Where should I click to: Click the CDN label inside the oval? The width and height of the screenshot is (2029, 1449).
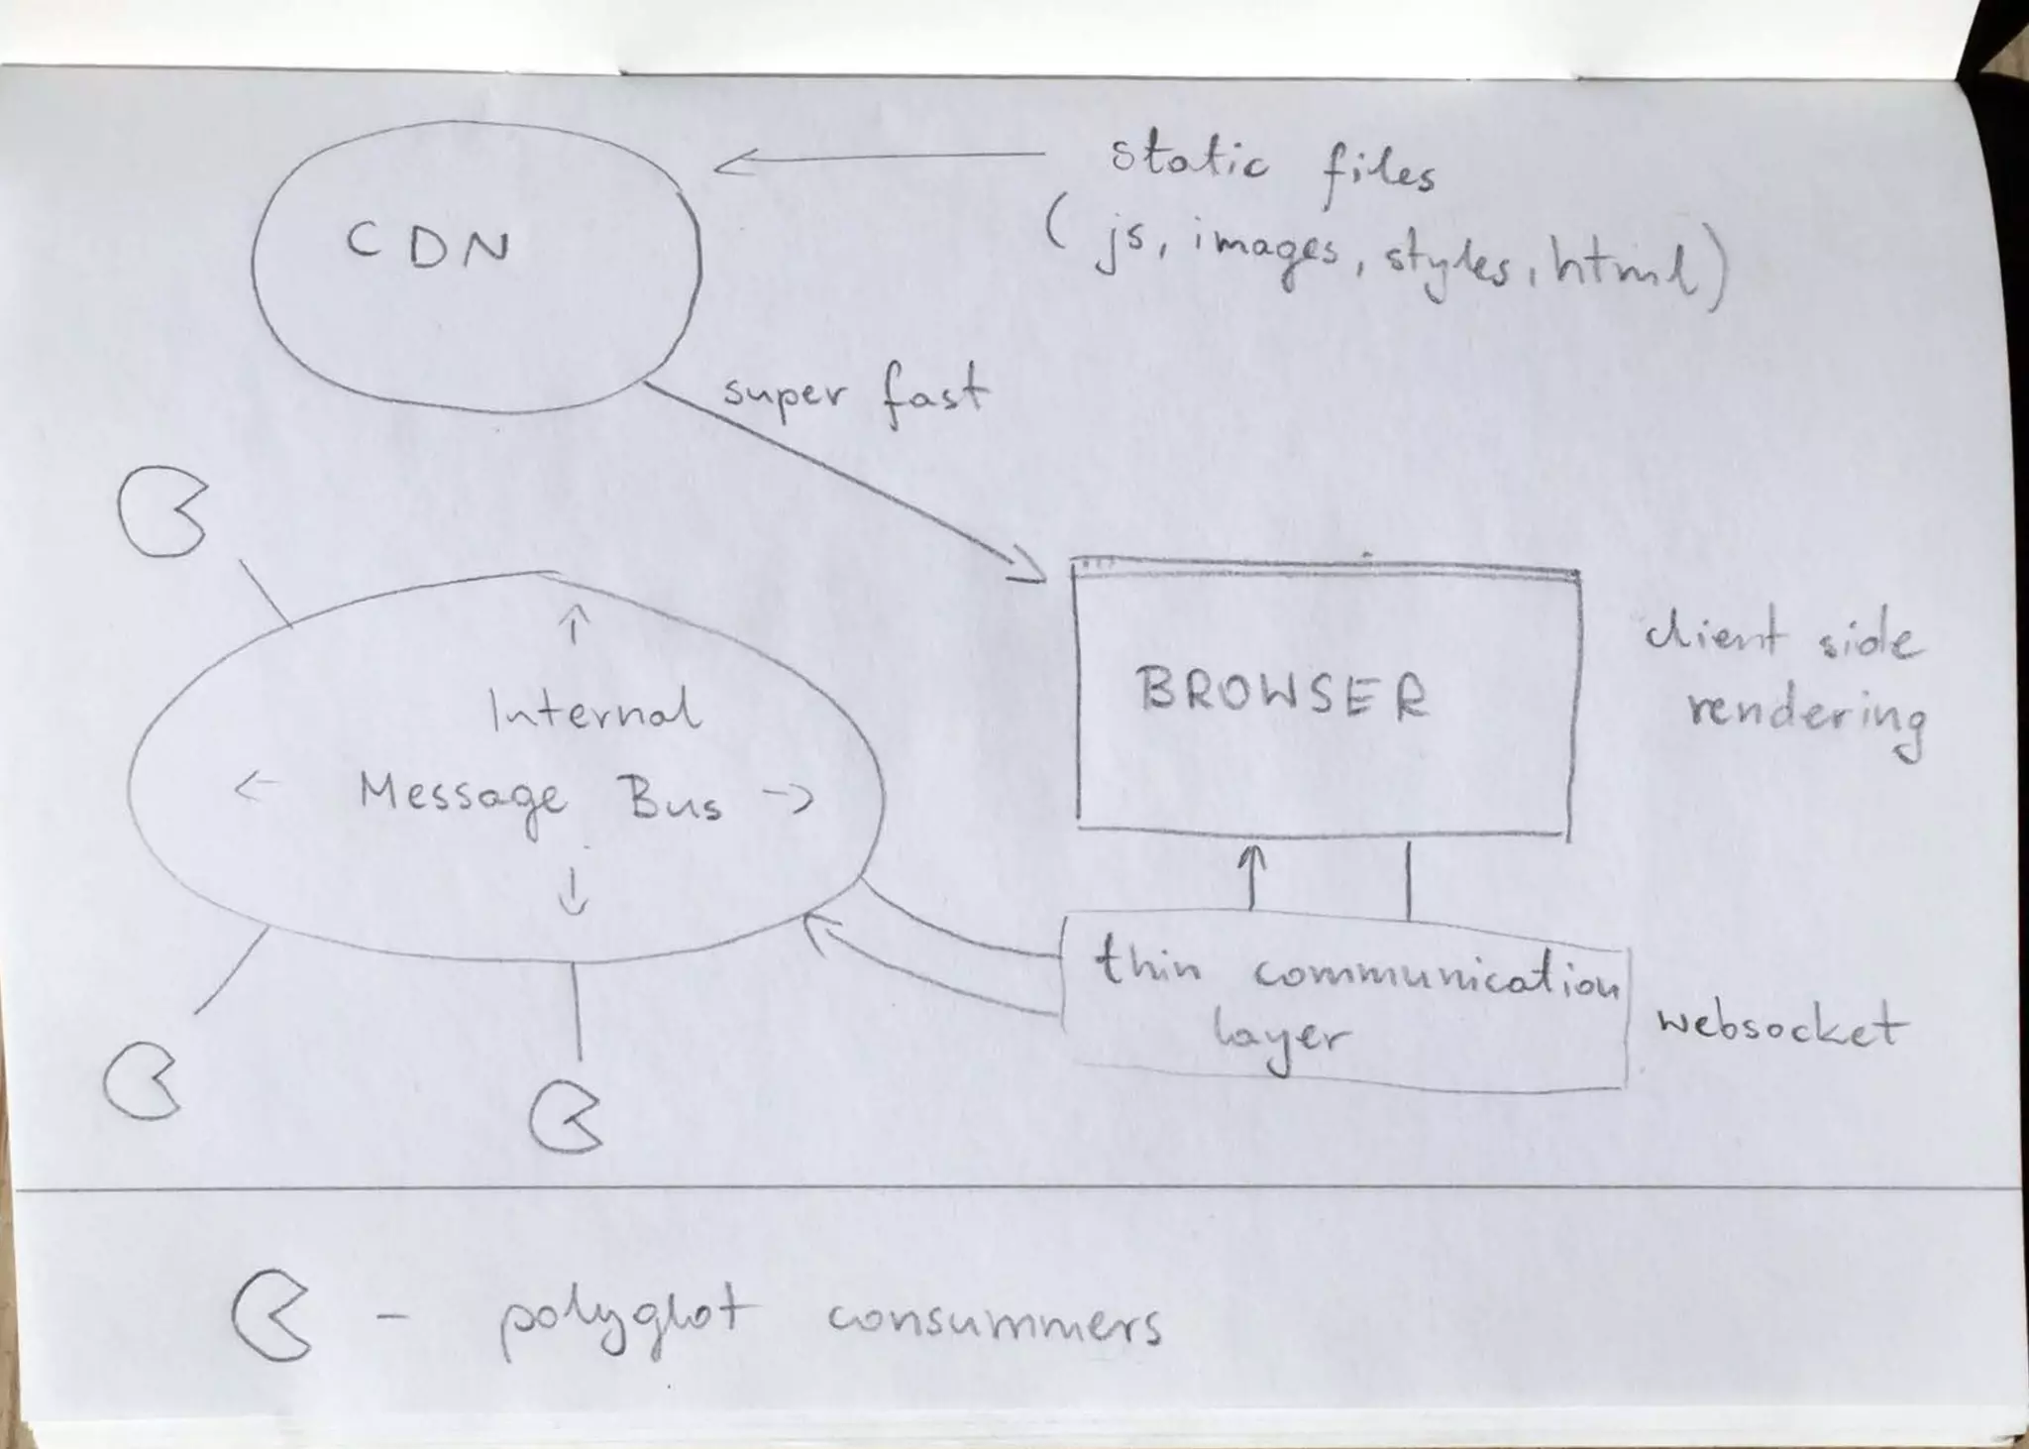coord(428,245)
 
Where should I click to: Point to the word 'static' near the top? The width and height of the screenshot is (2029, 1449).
coord(1188,162)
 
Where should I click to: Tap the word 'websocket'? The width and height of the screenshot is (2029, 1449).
coord(1778,1025)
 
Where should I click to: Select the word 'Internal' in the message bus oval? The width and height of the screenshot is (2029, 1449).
coord(594,712)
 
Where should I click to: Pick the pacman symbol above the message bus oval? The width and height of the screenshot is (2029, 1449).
coord(160,512)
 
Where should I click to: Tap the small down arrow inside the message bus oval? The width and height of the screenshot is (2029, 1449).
coord(574,890)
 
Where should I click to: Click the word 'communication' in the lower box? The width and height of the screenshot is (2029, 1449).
coord(1436,975)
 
